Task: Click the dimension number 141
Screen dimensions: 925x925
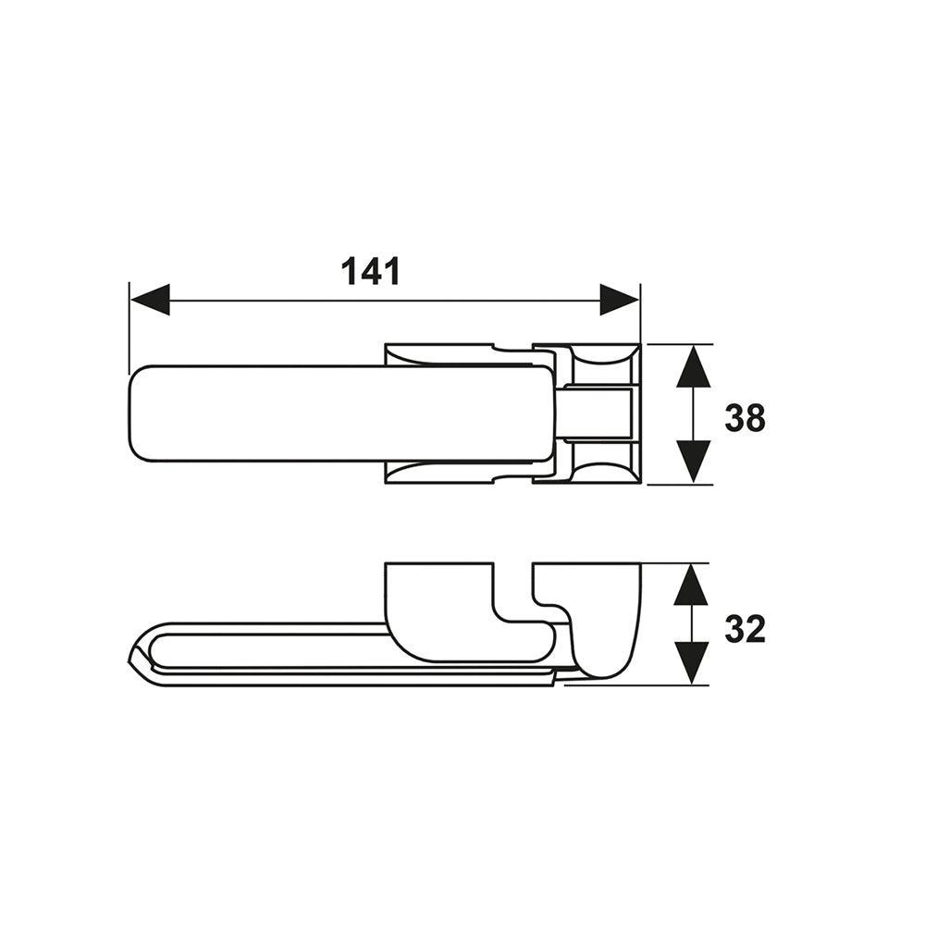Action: point(371,271)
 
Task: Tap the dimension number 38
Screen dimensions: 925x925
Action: point(745,418)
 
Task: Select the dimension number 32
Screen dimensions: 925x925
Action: point(745,629)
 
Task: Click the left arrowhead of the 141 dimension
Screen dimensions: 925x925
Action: point(150,300)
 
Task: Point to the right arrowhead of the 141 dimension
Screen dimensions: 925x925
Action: point(620,300)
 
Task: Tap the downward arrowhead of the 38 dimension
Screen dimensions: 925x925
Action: point(693,462)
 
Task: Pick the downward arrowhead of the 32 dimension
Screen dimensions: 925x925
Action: point(691,663)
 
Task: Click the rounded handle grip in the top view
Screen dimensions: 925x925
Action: point(342,413)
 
